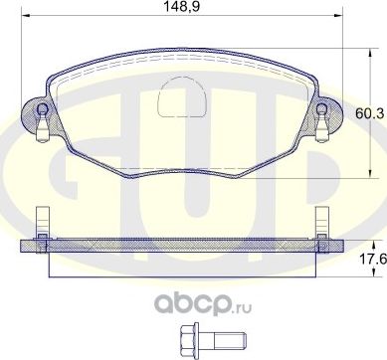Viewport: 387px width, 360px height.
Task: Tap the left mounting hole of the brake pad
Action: pos(42,110)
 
